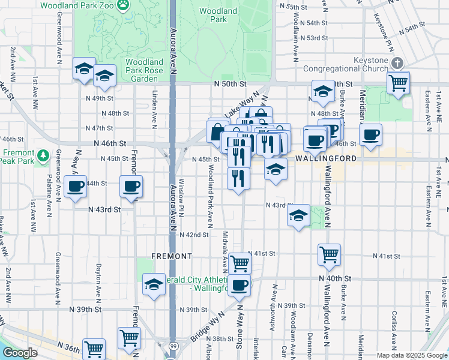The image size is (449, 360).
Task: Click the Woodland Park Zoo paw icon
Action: point(123,5)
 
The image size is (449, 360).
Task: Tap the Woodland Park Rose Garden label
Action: point(145,70)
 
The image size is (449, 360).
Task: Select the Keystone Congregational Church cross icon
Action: point(397,63)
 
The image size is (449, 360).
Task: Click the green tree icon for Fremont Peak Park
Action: point(43,155)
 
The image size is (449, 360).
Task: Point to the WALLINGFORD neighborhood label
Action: point(326,158)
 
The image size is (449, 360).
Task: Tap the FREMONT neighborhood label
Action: point(172,256)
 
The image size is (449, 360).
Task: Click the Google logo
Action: point(19,353)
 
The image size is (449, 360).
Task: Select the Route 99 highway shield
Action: point(172,346)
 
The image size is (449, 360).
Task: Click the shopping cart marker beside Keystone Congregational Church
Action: point(398,83)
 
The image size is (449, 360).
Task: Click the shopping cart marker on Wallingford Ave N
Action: point(329,254)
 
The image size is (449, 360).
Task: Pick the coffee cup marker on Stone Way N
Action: point(240,286)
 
